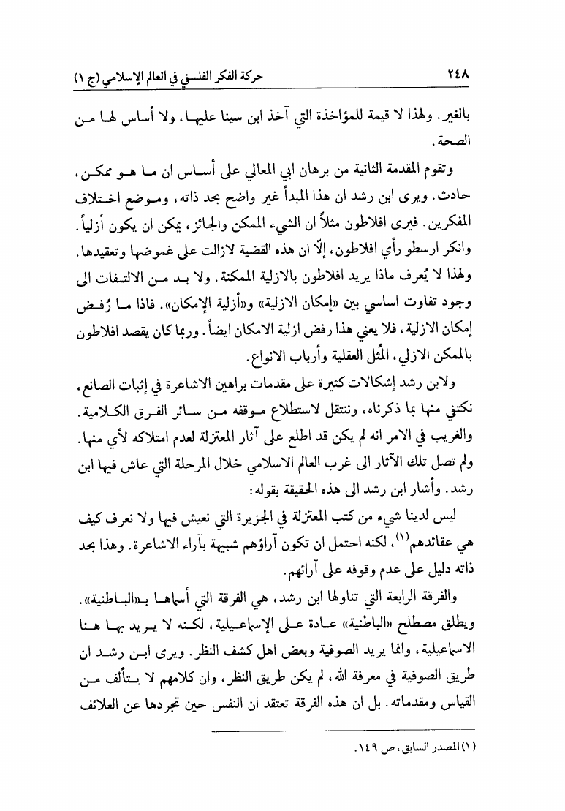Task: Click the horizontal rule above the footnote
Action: click(x=344, y=729)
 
